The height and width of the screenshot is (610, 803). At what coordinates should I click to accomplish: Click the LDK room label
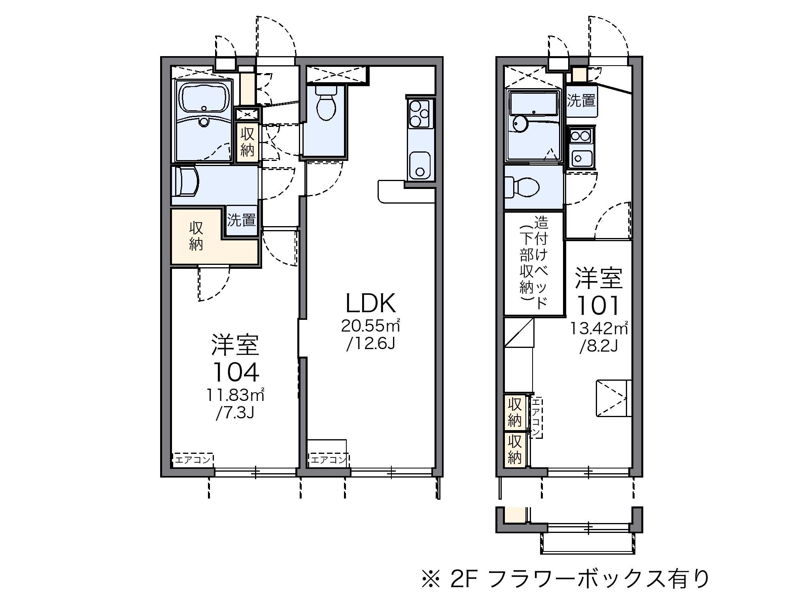370,304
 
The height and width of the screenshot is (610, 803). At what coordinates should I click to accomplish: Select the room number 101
598,306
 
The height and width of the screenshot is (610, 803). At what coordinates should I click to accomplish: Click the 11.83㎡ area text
235,395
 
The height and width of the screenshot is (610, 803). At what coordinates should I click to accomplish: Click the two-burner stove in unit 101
580,136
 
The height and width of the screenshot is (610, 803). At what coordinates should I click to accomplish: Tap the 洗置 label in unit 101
581,101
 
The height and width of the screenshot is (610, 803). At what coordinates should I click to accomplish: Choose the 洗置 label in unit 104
242,220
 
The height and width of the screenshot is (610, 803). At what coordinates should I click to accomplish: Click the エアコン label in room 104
193,460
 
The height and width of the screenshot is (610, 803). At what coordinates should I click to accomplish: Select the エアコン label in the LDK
328,460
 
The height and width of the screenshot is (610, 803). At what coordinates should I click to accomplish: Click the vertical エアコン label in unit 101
536,417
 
